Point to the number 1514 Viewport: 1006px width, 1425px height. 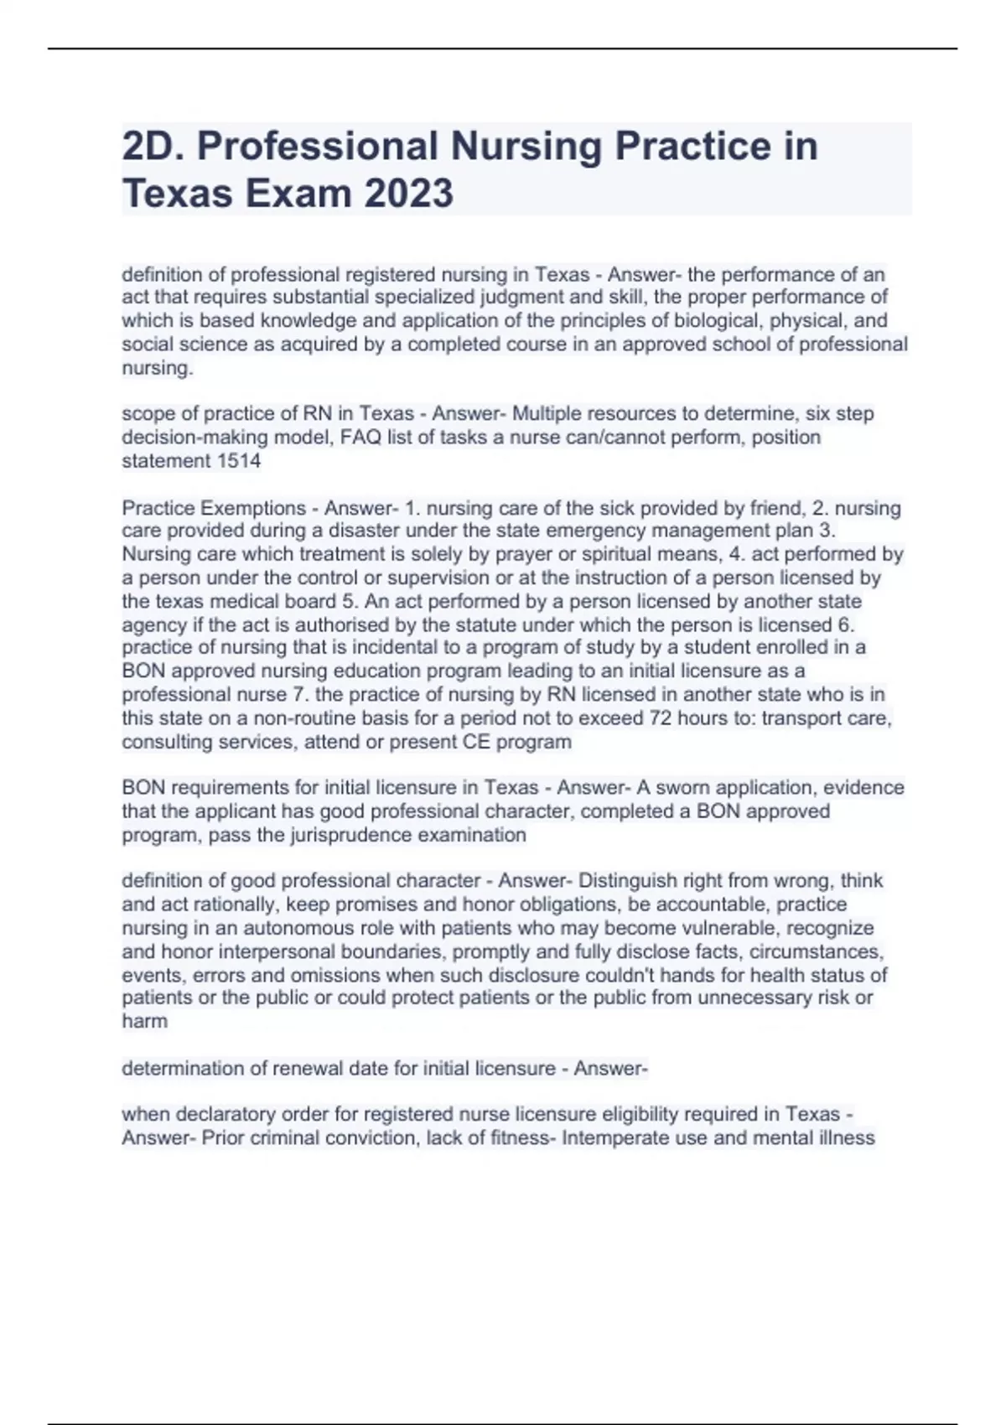tap(239, 460)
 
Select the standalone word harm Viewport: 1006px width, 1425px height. tap(144, 1022)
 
